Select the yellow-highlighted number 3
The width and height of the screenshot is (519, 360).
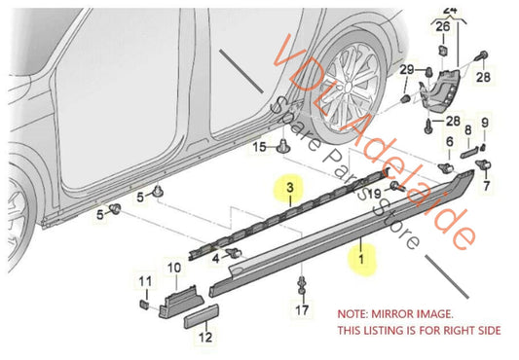[x=289, y=184]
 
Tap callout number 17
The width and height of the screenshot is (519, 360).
[x=302, y=310]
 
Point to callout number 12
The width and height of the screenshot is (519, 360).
[x=205, y=338]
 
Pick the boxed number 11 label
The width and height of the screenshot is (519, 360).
[x=143, y=282]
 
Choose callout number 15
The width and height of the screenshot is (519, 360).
[x=260, y=148]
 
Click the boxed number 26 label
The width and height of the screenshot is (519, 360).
[x=443, y=28]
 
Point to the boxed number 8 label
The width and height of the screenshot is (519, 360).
[x=468, y=129]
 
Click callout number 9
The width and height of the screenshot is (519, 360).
[x=487, y=123]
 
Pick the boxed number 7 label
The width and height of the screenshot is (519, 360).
[x=487, y=182]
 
